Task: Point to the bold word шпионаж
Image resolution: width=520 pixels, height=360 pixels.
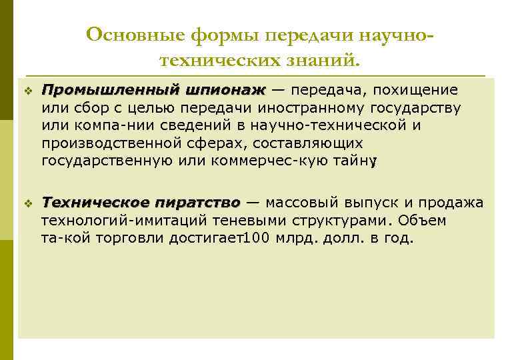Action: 226,90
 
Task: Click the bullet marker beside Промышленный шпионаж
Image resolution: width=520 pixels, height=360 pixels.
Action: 27,90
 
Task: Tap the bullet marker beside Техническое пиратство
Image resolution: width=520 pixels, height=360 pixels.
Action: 27,203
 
